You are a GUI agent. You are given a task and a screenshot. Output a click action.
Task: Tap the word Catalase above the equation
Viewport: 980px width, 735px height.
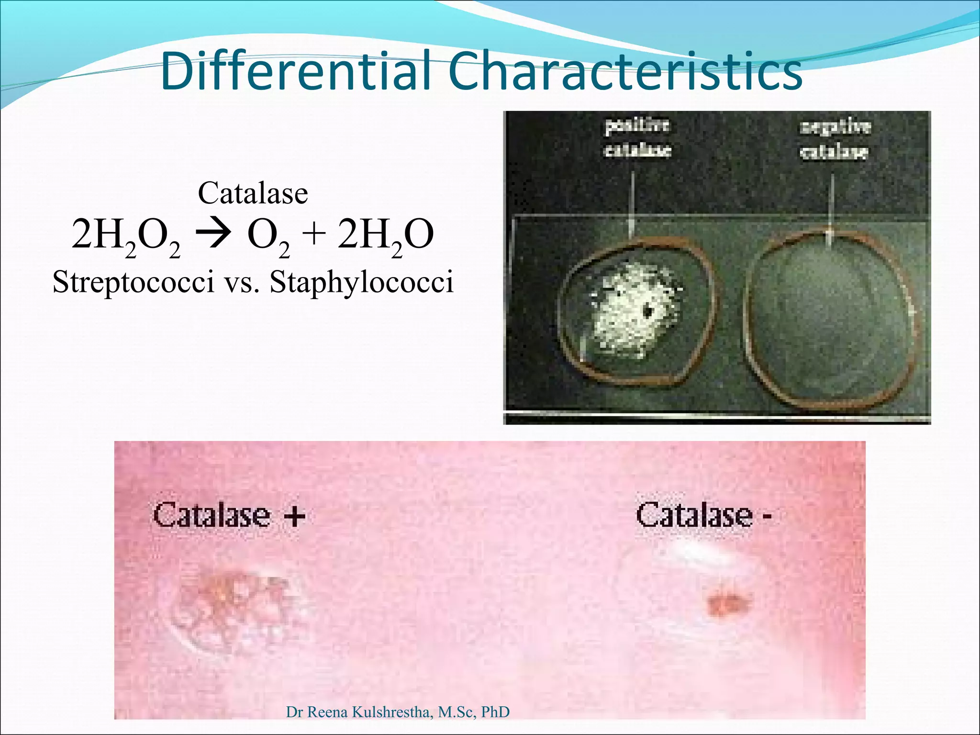(253, 193)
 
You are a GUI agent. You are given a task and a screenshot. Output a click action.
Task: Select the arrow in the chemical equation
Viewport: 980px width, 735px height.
(213, 235)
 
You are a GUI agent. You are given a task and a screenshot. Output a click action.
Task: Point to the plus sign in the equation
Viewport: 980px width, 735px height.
(313, 235)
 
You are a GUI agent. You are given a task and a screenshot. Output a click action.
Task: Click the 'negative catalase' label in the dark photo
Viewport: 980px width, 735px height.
(835, 140)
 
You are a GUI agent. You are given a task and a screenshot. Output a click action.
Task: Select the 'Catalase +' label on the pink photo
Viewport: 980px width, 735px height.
(229, 516)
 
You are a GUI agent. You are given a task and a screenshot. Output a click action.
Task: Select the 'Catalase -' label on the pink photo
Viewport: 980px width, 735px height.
(703, 516)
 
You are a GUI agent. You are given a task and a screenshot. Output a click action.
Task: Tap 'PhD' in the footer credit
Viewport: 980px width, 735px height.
(495, 712)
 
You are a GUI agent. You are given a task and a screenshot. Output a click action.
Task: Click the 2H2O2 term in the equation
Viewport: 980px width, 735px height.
(125, 236)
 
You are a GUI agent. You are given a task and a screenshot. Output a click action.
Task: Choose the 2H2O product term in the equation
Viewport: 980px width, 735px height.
(386, 236)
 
